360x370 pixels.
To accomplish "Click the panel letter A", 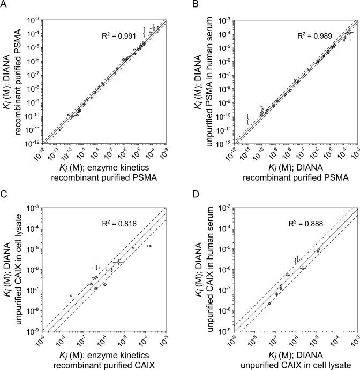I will coord(5,5).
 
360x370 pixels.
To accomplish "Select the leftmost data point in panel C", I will coord(71,295).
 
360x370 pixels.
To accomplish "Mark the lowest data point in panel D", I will coord(269,303).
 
